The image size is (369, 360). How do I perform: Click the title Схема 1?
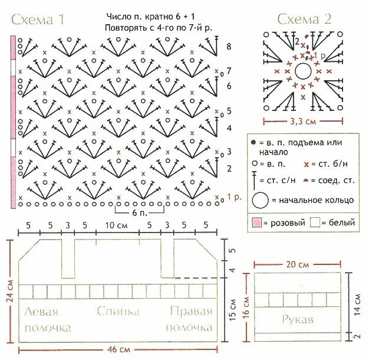(37, 19)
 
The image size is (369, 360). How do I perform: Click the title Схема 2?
(304, 19)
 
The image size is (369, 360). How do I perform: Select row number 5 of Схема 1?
(229, 111)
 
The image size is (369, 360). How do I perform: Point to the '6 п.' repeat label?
(139, 211)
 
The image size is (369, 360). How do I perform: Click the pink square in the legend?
(256, 223)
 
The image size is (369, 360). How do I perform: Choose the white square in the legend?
(315, 223)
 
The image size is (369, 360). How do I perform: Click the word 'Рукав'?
(298, 319)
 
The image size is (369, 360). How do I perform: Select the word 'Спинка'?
(119, 311)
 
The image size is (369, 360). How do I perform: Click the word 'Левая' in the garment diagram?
(41, 311)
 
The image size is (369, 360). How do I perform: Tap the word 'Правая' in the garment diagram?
(190, 311)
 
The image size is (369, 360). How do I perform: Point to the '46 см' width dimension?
(120, 349)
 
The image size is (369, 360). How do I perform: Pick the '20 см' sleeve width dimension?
(298, 264)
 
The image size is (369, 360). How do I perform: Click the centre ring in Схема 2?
(303, 71)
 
